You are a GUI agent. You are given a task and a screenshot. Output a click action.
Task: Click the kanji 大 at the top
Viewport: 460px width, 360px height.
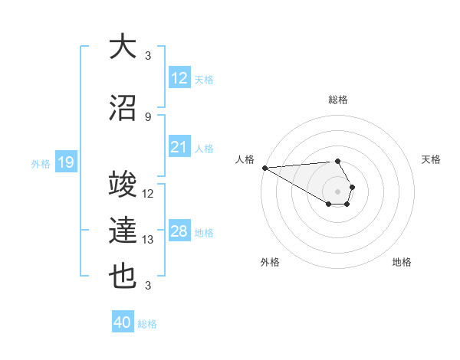[123, 47]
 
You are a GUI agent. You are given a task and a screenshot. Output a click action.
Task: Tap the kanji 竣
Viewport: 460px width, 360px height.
[123, 186]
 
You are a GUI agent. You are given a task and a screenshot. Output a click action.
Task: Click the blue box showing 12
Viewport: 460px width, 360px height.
[179, 79]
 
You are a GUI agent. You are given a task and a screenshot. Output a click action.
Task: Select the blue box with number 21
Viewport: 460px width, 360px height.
[179, 148]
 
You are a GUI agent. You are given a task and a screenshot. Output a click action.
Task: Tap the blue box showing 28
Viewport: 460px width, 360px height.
[179, 232]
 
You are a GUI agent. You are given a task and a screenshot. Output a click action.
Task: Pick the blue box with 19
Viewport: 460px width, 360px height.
[66, 162]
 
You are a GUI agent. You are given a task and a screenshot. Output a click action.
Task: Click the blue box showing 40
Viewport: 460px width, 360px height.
[123, 323]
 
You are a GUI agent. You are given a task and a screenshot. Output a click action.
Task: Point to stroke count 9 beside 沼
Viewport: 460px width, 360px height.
[148, 116]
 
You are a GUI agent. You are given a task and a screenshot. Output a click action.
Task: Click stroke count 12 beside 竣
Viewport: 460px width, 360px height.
[148, 194]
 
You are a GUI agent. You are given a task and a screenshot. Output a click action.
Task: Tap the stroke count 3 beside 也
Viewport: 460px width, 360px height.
[148, 286]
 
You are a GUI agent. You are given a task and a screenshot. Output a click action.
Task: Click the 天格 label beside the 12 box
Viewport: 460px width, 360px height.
[204, 80]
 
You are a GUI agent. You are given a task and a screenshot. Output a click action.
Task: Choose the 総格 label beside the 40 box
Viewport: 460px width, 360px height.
[147, 324]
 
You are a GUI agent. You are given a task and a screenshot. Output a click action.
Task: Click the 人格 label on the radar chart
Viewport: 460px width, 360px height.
[245, 159]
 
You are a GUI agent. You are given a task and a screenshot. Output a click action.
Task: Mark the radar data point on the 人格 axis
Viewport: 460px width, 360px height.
[264, 168]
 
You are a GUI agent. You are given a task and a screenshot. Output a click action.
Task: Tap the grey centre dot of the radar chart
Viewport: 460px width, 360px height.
[337, 191]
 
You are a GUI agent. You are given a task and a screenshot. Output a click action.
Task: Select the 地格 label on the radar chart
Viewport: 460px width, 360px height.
[402, 262]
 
